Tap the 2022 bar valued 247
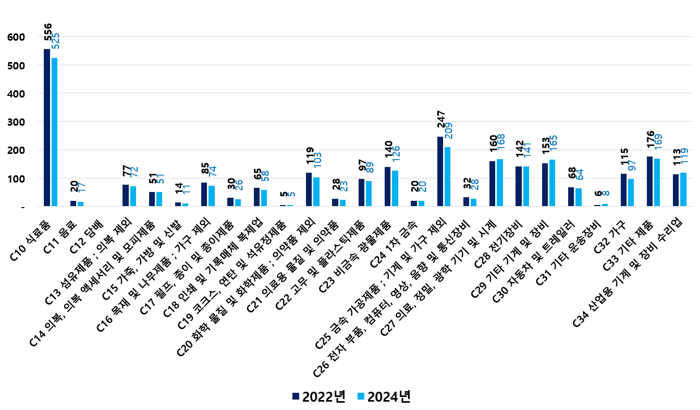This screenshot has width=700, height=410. (440, 172)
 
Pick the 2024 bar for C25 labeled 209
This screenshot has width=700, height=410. (448, 177)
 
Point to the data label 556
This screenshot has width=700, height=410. (48, 32)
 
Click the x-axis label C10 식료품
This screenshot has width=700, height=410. (32, 238)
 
